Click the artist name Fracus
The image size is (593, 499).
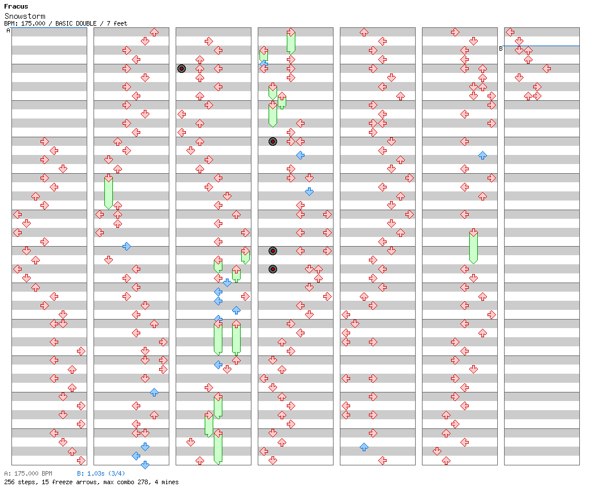coord(16,7)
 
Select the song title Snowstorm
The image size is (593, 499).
coord(25,17)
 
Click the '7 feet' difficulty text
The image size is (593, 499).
coord(117,23)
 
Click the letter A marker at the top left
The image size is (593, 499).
coord(8,31)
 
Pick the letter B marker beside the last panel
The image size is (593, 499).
coord(501,48)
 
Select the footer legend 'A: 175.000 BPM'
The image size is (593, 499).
coord(28,473)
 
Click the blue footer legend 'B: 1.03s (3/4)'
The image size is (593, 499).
coord(101,473)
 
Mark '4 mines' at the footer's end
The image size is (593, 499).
coord(166,482)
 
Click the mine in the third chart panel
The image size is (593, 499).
coord(181,68)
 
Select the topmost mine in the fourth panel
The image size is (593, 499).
coord(273,141)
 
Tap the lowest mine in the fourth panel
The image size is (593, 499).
coord(273,269)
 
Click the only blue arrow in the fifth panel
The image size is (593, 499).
coord(364,447)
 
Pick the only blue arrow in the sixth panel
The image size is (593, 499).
coord(482,155)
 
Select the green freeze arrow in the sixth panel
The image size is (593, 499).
coord(473,247)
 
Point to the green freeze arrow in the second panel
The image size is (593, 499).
coord(108,192)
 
